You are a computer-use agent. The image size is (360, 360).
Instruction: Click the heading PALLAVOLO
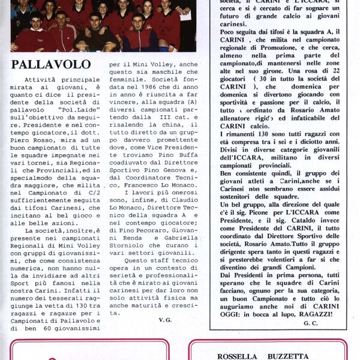point(51,64)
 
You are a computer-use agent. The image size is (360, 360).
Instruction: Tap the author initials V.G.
point(166,320)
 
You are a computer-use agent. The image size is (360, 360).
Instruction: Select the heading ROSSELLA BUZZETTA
point(263,356)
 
